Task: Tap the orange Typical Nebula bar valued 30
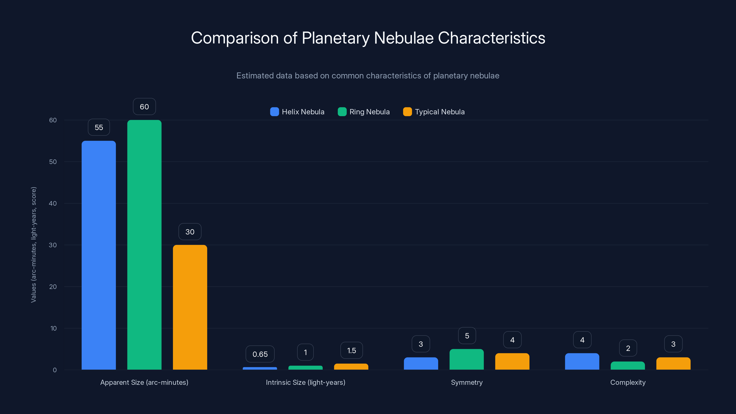(x=190, y=307)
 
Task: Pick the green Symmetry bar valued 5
(x=467, y=359)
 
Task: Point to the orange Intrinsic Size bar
(x=351, y=367)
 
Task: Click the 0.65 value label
(x=260, y=354)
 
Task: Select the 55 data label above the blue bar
(x=99, y=127)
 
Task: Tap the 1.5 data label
(x=351, y=351)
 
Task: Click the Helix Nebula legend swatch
(x=274, y=112)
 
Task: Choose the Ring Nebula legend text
(x=369, y=112)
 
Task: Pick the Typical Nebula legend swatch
(x=407, y=112)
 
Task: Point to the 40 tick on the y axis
(x=53, y=203)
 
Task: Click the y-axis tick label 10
(x=53, y=328)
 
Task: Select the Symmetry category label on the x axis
(x=467, y=382)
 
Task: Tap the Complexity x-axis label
(x=628, y=382)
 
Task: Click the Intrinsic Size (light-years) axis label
(x=305, y=382)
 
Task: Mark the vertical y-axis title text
(x=33, y=244)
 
